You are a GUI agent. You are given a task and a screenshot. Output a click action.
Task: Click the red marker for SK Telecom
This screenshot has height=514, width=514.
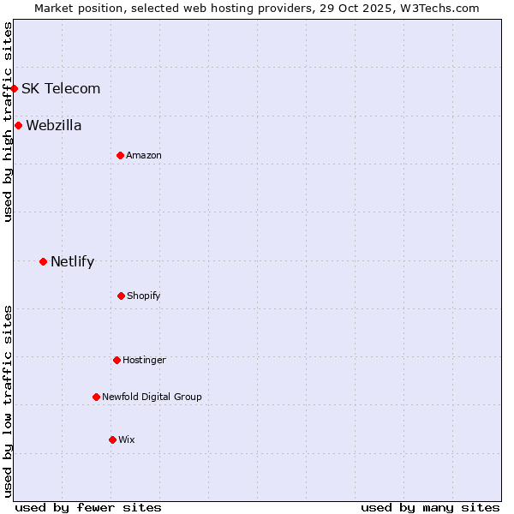coord(14,88)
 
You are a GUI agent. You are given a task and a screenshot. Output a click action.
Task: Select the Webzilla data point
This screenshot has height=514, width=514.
coord(18,125)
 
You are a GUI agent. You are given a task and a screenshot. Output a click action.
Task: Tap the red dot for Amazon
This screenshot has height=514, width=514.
coord(120,155)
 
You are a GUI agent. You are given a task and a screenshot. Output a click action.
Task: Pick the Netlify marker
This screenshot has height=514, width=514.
coord(43,261)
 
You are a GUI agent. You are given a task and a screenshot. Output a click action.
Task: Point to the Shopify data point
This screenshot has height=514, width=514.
coord(121,296)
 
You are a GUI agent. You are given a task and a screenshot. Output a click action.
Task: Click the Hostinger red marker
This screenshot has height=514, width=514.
coord(117,360)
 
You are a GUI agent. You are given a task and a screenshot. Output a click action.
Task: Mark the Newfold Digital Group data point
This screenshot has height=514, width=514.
coord(96,397)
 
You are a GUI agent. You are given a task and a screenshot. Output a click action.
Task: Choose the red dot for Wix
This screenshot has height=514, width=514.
coord(112,439)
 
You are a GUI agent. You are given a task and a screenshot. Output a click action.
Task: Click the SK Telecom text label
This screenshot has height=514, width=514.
coord(61,88)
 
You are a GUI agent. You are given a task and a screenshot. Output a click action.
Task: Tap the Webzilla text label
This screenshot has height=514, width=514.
coord(54,125)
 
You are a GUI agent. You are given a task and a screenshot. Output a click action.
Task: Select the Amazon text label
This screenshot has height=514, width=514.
coord(144,155)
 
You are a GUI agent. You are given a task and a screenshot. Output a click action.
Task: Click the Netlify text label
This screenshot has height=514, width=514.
coord(72,261)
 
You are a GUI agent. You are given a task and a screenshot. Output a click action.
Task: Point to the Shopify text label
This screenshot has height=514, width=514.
coord(144,296)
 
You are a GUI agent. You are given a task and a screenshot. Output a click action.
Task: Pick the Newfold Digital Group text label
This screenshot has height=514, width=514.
coord(152,397)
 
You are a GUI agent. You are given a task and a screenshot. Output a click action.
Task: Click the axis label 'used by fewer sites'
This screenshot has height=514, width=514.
coord(88,507)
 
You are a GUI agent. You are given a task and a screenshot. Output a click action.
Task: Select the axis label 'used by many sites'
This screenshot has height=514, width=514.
coord(430,507)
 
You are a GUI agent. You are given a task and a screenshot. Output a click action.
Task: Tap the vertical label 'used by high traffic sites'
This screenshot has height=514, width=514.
coord(8,122)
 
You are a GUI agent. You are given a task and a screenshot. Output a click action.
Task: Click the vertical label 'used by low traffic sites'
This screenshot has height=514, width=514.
coord(8,401)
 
